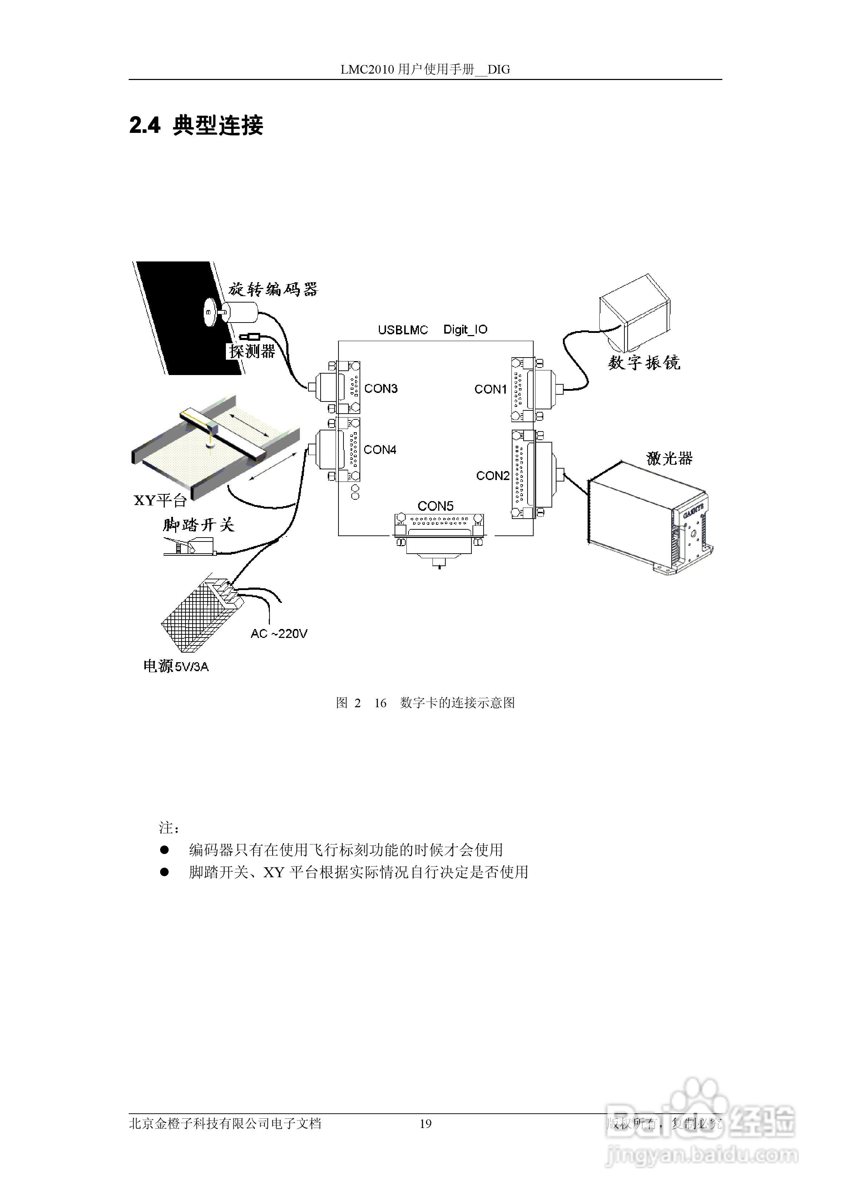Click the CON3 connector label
(381, 388)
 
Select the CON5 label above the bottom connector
(435, 506)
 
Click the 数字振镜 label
(644, 363)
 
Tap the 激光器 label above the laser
(669, 459)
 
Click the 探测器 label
(252, 351)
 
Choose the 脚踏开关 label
(198, 524)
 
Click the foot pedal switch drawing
(189, 548)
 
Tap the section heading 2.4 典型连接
(196, 125)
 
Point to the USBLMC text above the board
(403, 330)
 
